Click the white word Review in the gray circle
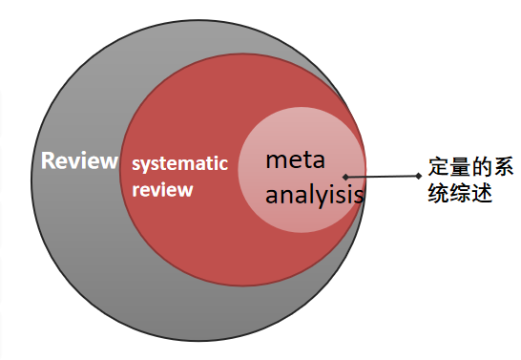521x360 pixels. (x=80, y=160)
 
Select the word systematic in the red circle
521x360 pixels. (x=180, y=164)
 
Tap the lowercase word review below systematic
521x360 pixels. (x=162, y=190)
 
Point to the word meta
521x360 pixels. (x=295, y=159)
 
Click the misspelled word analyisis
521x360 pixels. (x=314, y=196)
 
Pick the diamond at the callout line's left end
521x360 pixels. (x=345, y=177)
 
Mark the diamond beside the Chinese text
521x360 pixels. (x=419, y=176)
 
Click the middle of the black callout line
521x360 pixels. (x=382, y=177)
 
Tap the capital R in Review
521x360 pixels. (x=48, y=160)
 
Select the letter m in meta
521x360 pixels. (x=276, y=161)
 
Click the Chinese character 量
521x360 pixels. (x=460, y=166)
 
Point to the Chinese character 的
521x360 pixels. (x=481, y=166)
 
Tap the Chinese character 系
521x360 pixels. (x=503, y=166)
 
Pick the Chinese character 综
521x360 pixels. (x=460, y=193)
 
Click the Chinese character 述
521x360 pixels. (x=481, y=193)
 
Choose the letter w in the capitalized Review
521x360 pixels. (x=109, y=163)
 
